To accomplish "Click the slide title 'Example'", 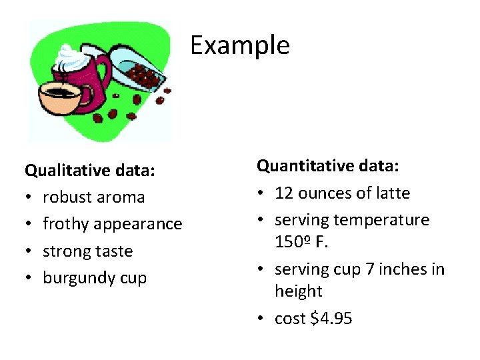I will tap(239, 45).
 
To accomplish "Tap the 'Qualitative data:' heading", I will tap(90, 171).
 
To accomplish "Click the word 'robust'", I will tap(67, 197).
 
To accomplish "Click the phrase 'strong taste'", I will tap(87, 251).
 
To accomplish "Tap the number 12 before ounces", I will tap(284, 193).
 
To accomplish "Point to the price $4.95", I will tap(331, 319).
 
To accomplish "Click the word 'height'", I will tap(298, 291).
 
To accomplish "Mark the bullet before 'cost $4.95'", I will tap(261, 319).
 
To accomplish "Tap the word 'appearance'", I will tap(138, 224).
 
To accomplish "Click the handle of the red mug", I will tap(105, 74).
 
